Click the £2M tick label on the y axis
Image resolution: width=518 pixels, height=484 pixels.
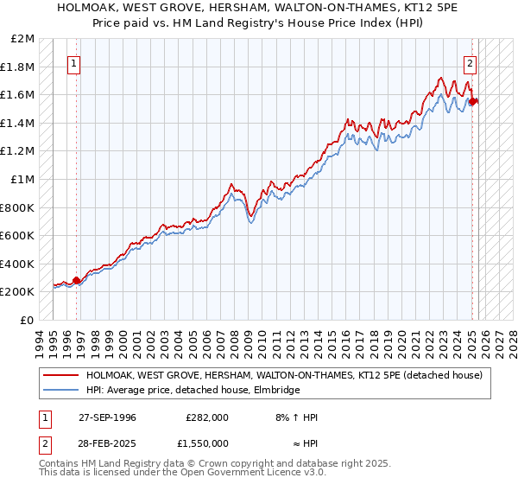[23, 39]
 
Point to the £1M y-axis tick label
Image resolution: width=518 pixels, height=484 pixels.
[23, 179]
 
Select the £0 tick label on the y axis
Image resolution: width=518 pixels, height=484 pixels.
[27, 320]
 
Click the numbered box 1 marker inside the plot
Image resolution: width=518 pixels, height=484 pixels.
[73, 63]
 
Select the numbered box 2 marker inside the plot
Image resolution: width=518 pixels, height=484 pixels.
[470, 63]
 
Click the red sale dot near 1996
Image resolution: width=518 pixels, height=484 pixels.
[76, 280]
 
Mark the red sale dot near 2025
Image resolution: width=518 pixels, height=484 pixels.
[473, 102]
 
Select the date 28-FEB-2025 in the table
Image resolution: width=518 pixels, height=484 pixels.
[106, 443]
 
